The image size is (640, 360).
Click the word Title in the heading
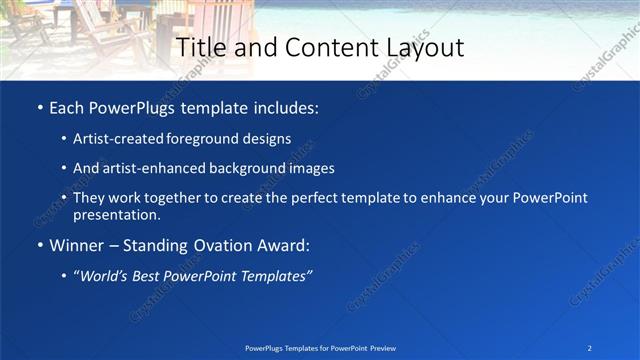point(198,47)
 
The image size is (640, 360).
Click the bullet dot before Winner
point(39,246)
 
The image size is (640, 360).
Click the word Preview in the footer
point(380,347)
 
